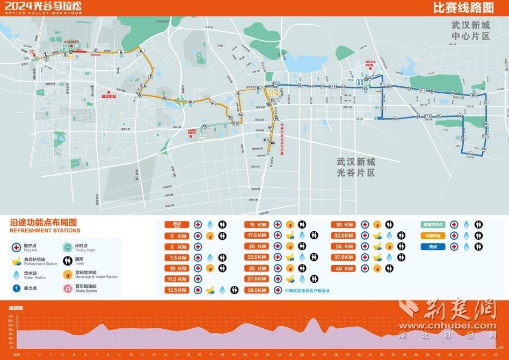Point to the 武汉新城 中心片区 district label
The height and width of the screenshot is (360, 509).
pos(471,31)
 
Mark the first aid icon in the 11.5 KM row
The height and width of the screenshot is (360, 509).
pos(198,279)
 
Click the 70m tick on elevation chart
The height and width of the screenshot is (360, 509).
pos(11,317)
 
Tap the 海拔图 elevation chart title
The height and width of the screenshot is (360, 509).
pos(16,308)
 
